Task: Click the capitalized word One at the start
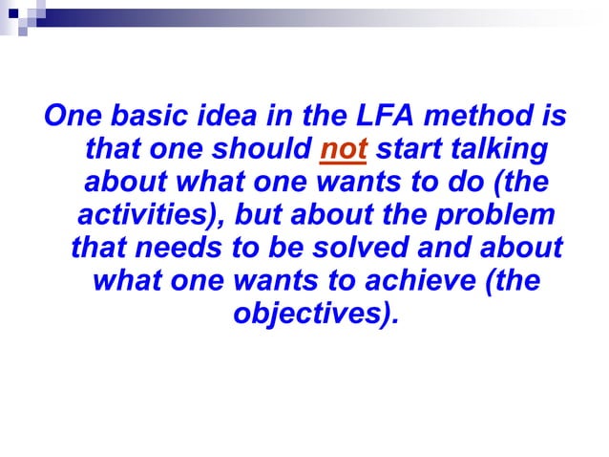[74, 119]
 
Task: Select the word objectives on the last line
[311, 314]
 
